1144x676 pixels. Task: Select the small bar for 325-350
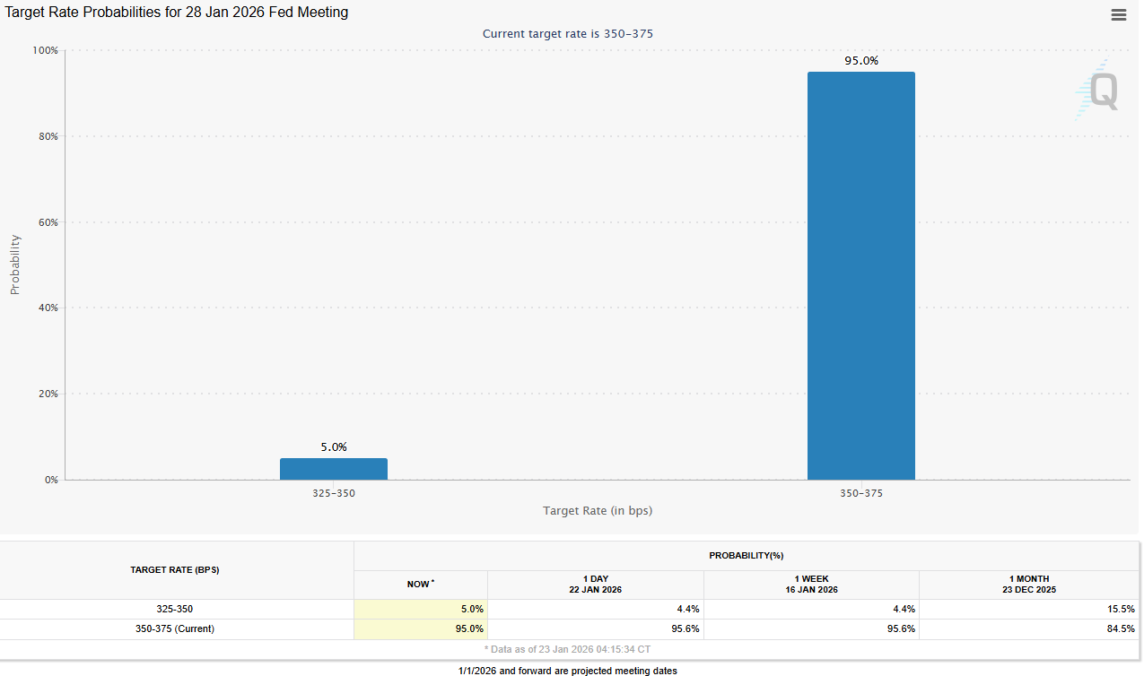[334, 469]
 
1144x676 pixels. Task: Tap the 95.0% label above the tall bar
[861, 61]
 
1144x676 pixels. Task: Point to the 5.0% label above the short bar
[334, 446]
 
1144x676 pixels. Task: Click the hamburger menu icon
[1118, 14]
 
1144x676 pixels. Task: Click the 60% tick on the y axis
[47, 222]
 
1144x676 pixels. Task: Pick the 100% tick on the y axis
[45, 51]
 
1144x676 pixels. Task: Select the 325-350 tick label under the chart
[334, 494]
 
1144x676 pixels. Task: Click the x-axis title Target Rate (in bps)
[598, 511]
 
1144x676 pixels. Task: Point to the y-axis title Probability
[14, 264]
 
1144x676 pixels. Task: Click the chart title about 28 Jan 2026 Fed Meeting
[177, 13]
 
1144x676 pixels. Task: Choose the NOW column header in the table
[420, 585]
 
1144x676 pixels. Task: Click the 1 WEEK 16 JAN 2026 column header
[811, 585]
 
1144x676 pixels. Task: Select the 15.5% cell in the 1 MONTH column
[1122, 609]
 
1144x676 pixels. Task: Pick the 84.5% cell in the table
[1122, 628]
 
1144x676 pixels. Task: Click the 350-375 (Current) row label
[175, 628]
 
